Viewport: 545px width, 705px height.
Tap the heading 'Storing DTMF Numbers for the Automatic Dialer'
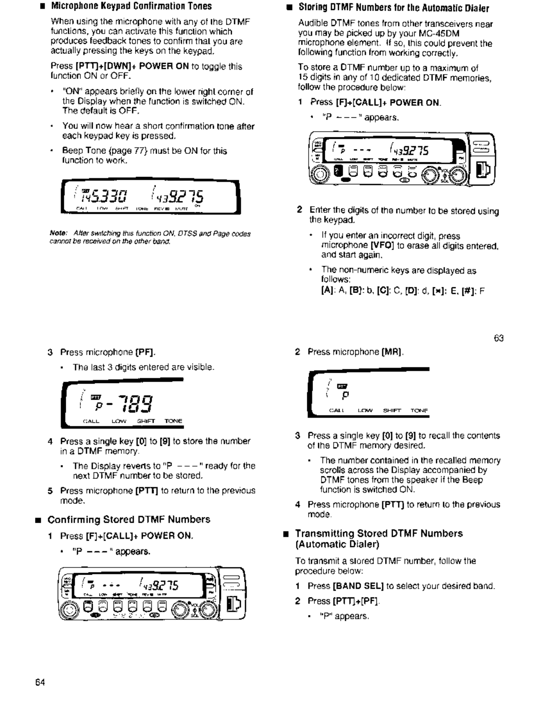pyautogui.click(x=394, y=8)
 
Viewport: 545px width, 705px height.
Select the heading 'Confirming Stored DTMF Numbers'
pyautogui.click(x=129, y=519)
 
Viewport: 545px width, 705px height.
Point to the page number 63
pyautogui.click(x=498, y=338)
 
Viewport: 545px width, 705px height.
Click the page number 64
pyautogui.click(x=40, y=682)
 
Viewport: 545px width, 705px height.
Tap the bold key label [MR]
pyautogui.click(x=392, y=352)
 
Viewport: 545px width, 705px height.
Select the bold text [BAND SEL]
pyautogui.click(x=358, y=586)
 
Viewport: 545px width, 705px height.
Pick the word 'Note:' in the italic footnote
pyautogui.click(x=58, y=234)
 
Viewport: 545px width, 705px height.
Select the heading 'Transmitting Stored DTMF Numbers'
pyautogui.click(x=379, y=533)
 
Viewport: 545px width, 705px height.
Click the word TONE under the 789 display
pyautogui.click(x=173, y=421)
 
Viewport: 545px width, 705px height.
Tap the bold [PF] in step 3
pyautogui.click(x=145, y=352)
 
